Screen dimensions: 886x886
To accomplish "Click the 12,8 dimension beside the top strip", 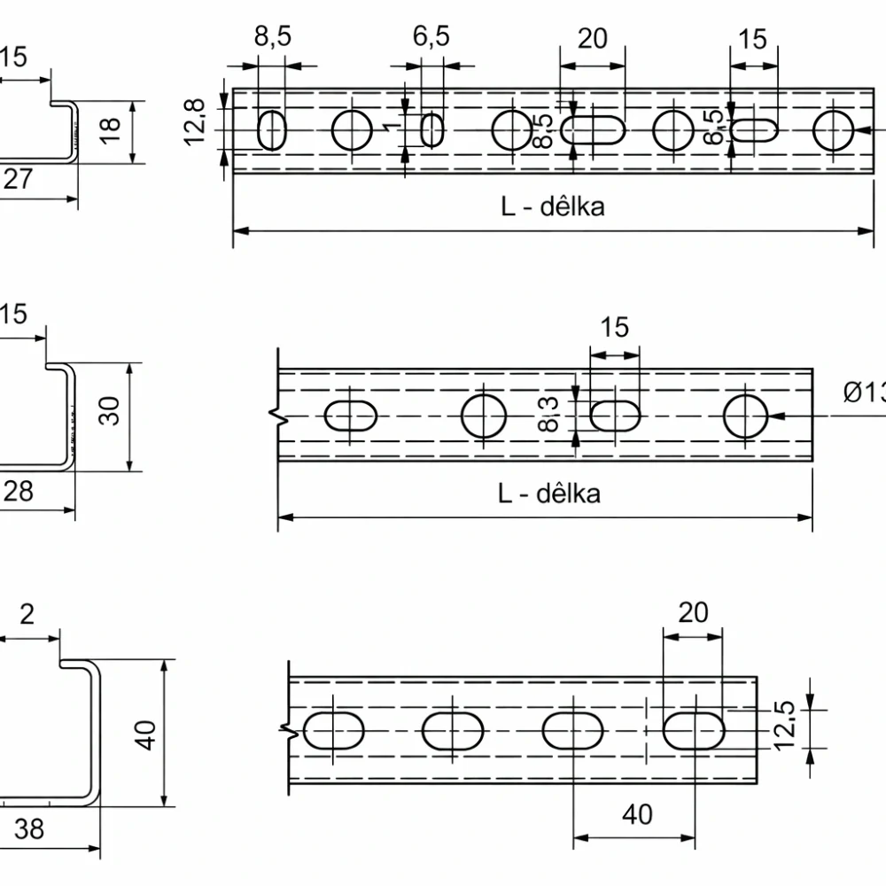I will [x=196, y=120].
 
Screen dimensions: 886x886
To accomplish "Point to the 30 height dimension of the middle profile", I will [x=109, y=411].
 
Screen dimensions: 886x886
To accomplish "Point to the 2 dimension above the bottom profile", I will [x=27, y=614].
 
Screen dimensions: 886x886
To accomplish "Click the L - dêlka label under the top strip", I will [x=553, y=206].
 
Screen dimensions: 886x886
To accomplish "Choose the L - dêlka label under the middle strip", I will [x=548, y=493].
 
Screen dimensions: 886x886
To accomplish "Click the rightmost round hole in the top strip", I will [x=833, y=130].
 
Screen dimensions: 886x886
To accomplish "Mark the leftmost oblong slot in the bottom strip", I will [x=334, y=730].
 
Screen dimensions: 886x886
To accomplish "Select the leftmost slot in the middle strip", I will [x=351, y=416].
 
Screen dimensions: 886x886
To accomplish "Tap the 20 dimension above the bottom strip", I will [x=693, y=612].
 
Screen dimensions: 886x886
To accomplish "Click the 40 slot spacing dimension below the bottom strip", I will [x=634, y=813].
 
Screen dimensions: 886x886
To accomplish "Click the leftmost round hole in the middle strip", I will [x=484, y=416].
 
